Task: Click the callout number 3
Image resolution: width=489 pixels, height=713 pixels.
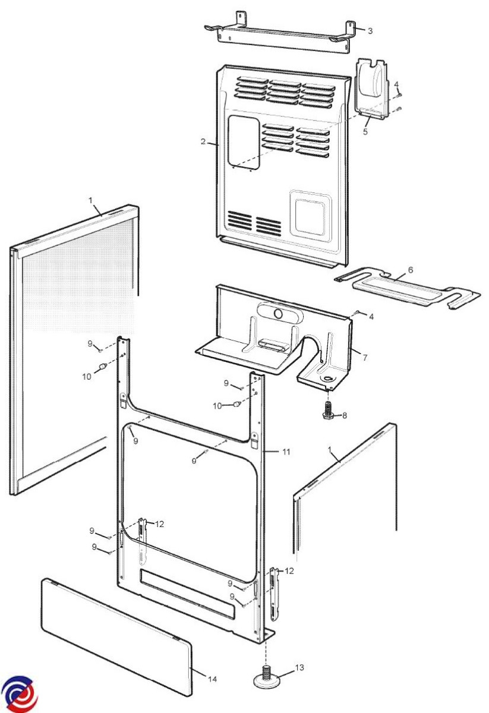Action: coord(370,31)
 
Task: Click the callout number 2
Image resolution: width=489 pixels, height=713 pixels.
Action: coord(203,141)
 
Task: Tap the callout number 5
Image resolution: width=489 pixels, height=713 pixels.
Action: coord(365,131)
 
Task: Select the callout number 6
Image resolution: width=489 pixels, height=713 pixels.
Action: coord(411,270)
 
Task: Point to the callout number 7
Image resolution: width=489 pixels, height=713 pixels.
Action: coord(365,358)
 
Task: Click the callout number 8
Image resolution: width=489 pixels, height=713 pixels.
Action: coord(345,415)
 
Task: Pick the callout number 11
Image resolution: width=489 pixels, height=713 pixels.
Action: coord(286,452)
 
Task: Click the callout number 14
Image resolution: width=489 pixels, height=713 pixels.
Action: coord(212,679)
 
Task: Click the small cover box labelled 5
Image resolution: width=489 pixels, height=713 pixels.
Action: coord(373,89)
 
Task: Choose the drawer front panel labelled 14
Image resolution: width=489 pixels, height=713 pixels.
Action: coord(117,634)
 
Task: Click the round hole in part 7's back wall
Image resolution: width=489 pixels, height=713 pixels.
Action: coord(278,314)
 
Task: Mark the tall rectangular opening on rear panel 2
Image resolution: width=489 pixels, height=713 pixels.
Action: coord(244,141)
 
